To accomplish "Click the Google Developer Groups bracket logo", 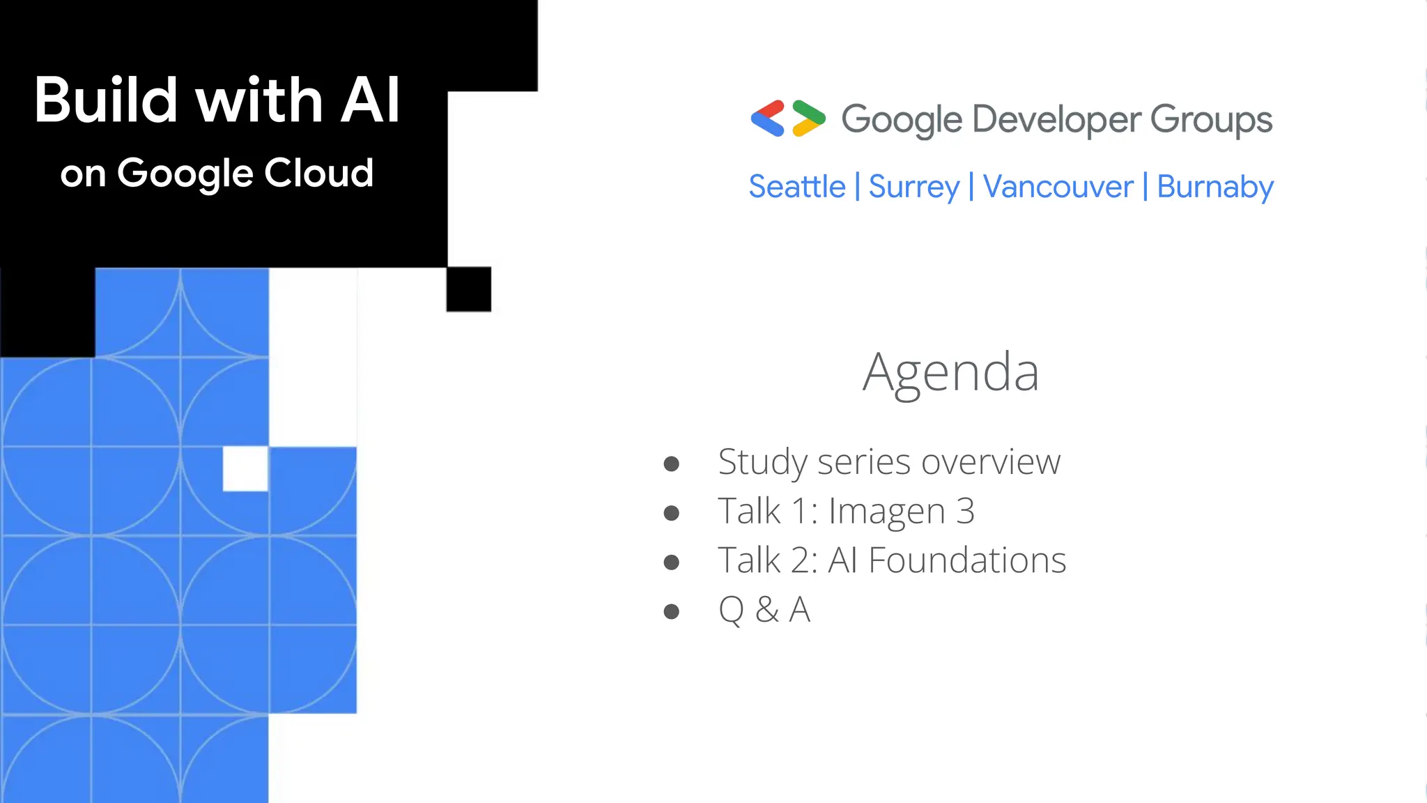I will (788, 118).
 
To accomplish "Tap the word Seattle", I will (796, 187).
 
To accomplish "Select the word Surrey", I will (913, 187).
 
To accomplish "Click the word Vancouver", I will (1058, 187).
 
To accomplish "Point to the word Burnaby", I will (1215, 187).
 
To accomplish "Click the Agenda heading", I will (950, 373).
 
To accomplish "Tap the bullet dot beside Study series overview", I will (671, 464).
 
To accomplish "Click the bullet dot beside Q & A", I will (671, 612).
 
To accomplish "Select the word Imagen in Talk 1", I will (886, 512).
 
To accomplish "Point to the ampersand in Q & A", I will (766, 610).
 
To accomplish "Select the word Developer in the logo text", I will (1056, 120).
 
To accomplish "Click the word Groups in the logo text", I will (1211, 120).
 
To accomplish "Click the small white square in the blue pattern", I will (245, 469).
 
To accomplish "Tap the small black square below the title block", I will (469, 289).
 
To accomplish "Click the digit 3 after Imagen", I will (965, 512).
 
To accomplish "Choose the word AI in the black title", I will (370, 100).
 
